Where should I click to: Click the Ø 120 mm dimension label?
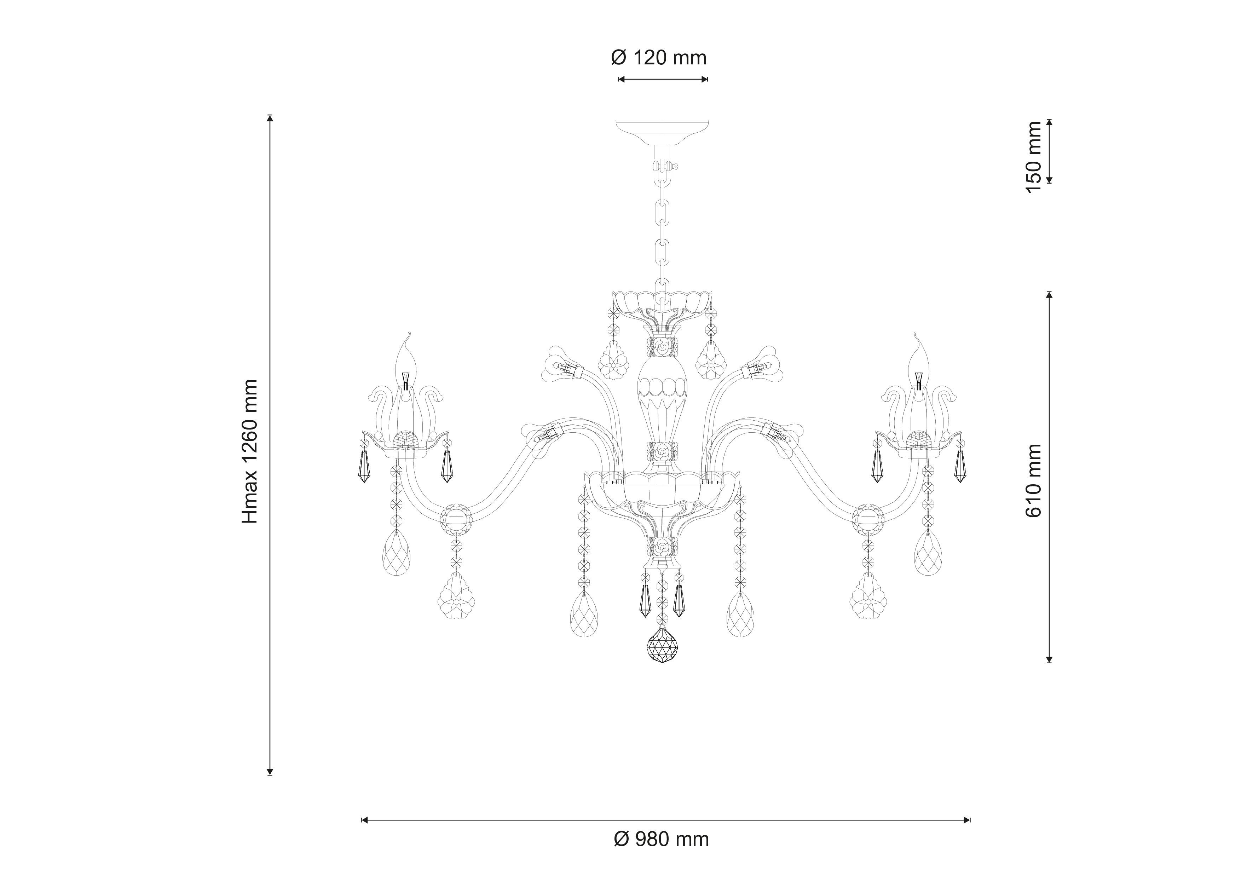click(659, 58)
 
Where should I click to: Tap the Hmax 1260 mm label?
click(250, 451)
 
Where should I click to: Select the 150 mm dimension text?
click(1033, 157)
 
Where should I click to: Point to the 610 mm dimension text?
click(1033, 481)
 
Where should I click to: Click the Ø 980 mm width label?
click(662, 839)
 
